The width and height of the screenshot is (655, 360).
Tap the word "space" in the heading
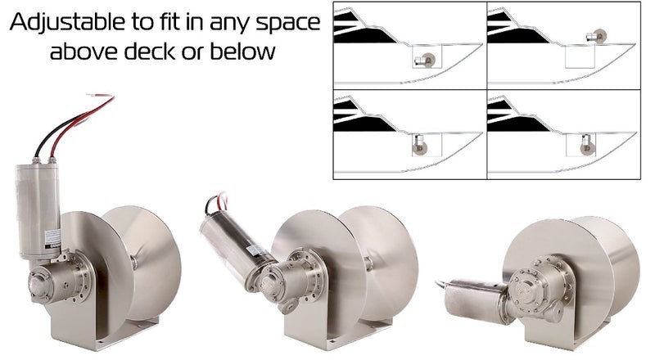[288, 24]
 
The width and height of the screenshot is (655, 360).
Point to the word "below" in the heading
[242, 52]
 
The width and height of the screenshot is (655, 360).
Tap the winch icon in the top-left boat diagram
[425, 61]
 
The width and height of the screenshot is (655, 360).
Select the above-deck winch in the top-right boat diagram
[596, 36]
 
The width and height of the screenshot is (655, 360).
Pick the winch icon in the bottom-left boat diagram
[419, 144]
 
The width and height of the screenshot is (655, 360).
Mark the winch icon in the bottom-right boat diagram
[587, 145]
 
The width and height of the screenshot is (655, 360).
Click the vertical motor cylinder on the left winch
[38, 211]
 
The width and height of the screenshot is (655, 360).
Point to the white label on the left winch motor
[52, 241]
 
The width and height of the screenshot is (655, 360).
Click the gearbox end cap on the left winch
[38, 286]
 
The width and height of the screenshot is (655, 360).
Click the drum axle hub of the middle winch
[368, 263]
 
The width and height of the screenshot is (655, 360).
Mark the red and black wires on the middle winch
[216, 203]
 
